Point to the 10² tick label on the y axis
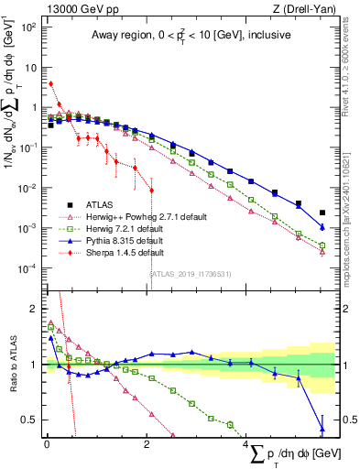pyautogui.click(x=29, y=27)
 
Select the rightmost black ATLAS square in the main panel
pyautogui.click(x=322, y=213)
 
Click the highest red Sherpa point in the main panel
pyautogui.click(x=50, y=83)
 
